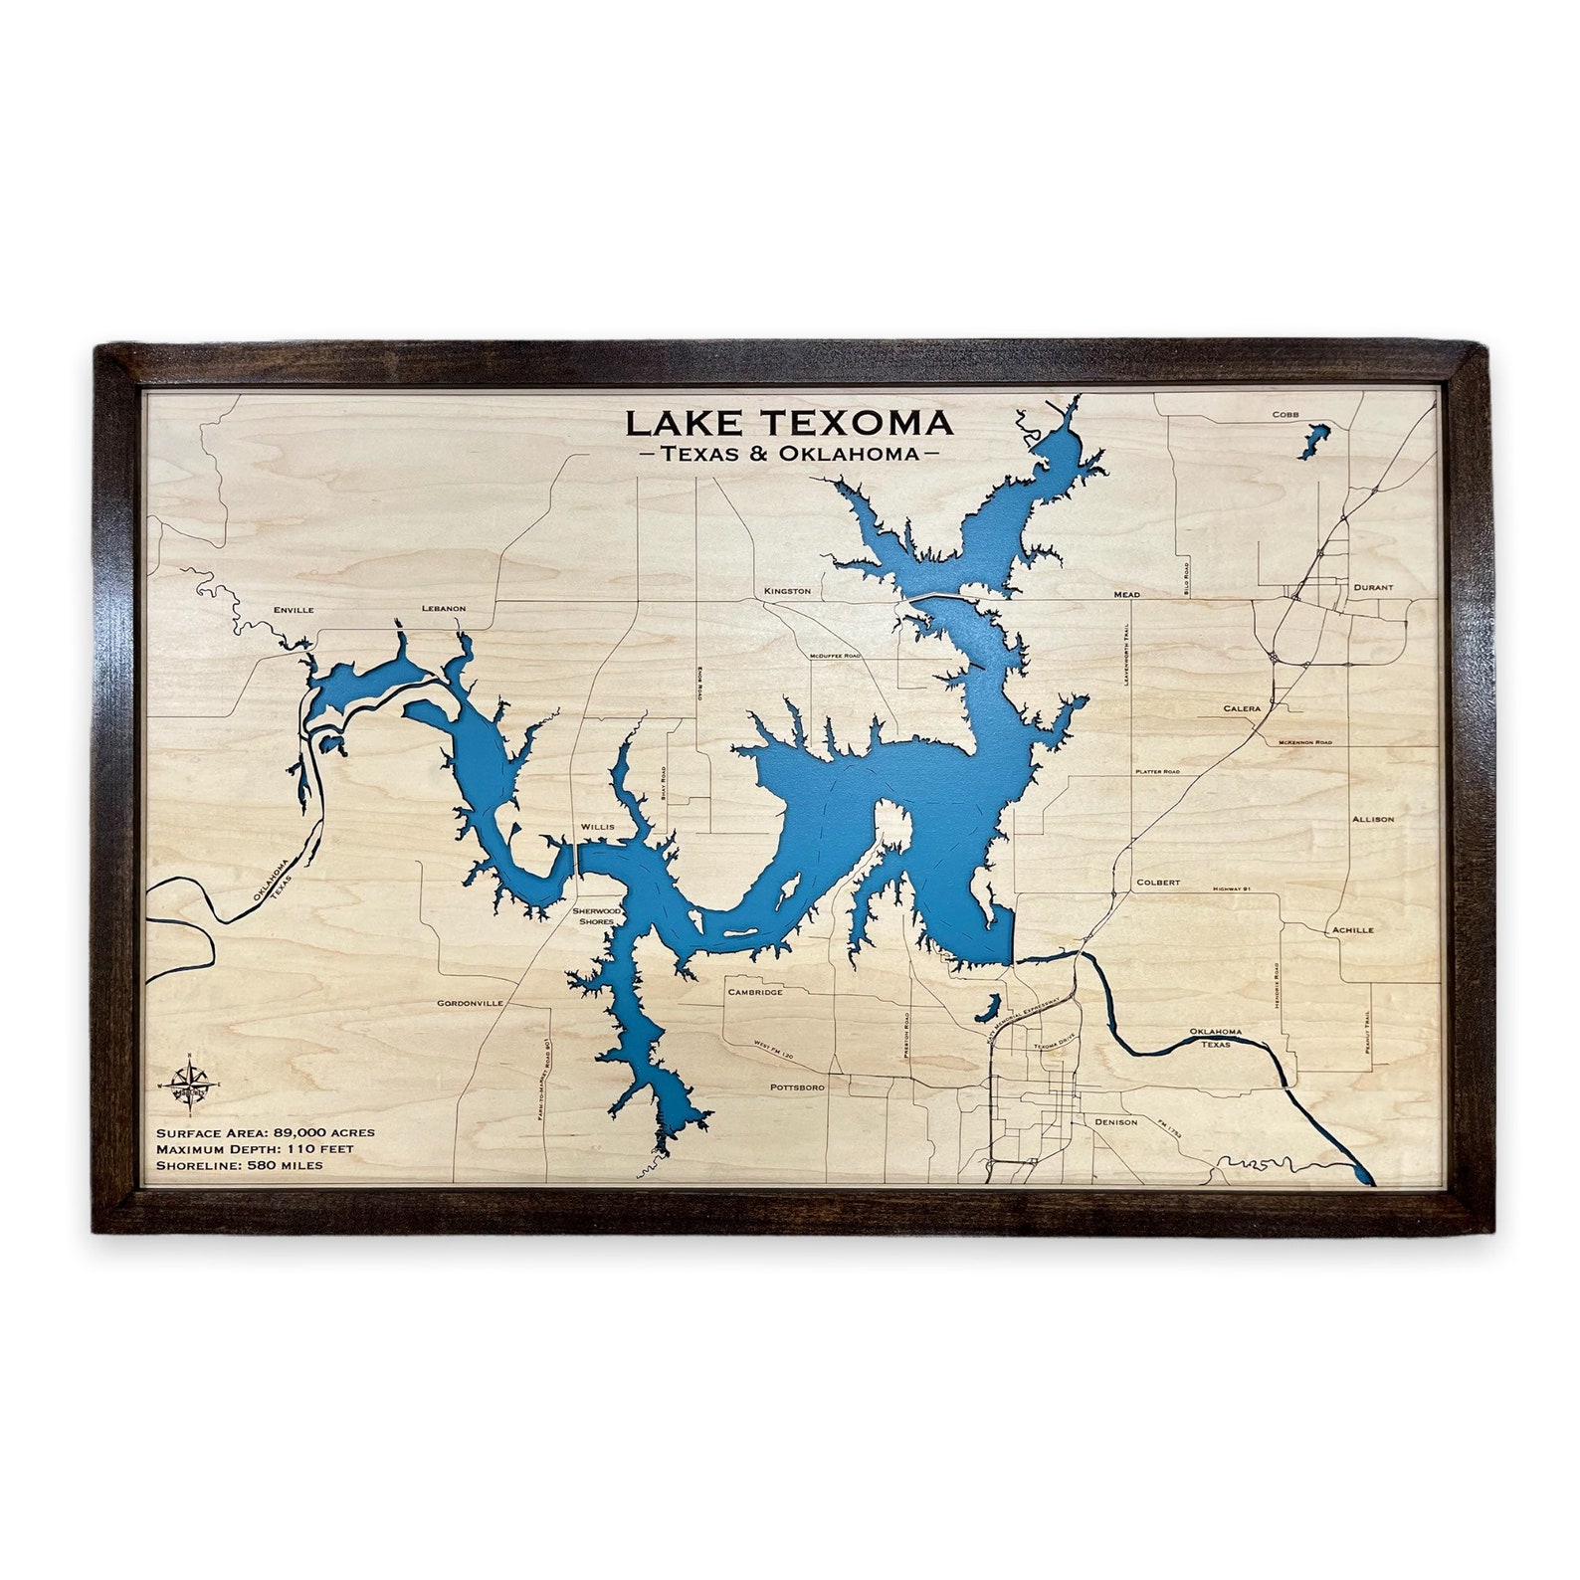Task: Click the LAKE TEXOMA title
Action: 789,423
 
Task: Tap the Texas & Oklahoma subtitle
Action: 788,455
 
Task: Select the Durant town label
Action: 1373,588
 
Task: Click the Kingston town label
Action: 787,591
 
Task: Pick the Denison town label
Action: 1115,1122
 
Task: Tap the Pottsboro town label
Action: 797,1088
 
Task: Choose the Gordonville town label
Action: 470,1004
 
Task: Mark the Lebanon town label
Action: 443,608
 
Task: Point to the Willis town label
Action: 598,827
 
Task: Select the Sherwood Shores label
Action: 598,915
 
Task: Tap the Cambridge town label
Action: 755,992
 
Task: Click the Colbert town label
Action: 1158,883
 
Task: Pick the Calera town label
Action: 1242,709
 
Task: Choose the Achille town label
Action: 1352,930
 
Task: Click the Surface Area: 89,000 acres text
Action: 266,1133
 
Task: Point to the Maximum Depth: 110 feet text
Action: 256,1149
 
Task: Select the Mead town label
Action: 1126,595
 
